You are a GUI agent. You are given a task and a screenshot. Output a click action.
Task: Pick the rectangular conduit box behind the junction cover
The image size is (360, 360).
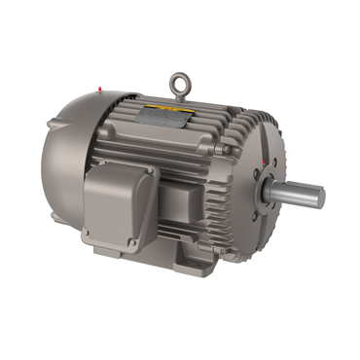[170, 209]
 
